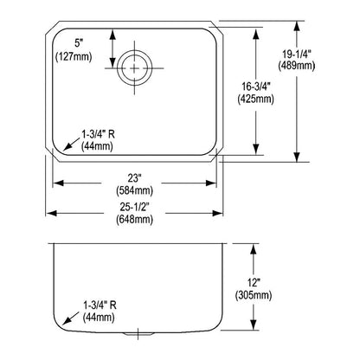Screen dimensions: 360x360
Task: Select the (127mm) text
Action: click(74, 56)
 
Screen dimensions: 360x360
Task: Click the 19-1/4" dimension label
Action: click(297, 54)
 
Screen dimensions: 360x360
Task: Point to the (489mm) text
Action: click(297, 66)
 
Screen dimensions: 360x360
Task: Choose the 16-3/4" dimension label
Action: click(256, 87)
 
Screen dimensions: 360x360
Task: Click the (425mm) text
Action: click(256, 99)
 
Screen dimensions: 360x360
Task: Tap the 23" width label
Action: click(133, 178)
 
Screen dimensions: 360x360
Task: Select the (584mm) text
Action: click(134, 190)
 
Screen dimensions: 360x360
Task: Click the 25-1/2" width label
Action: click(134, 207)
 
